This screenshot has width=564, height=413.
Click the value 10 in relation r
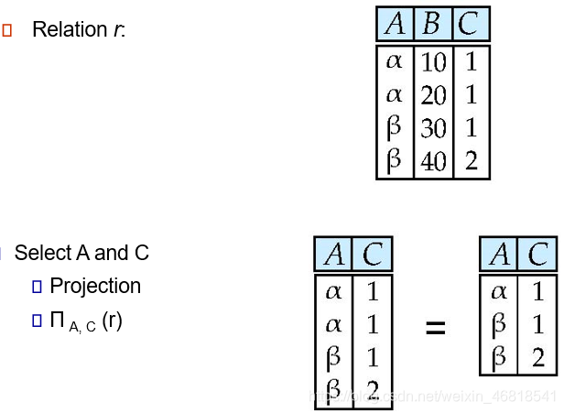click(434, 62)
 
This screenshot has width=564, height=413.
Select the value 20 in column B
click(434, 95)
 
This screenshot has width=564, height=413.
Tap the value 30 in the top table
click(434, 128)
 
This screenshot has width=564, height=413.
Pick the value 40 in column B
click(434, 161)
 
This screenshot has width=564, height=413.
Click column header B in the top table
click(431, 24)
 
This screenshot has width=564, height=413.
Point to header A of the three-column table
click(395, 24)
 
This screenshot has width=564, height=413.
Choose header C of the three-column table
click(469, 24)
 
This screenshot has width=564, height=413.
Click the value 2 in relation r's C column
click(471, 161)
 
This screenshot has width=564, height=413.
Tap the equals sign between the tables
click(436, 327)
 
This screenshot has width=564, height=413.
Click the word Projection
click(95, 286)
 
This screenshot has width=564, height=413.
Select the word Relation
click(70, 29)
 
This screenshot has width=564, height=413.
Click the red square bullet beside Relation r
click(7, 30)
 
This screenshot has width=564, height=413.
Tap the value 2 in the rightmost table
click(537, 357)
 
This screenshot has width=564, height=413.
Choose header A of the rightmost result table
click(499, 254)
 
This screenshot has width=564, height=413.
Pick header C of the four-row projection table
click(372, 254)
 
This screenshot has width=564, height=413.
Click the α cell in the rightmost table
click(499, 292)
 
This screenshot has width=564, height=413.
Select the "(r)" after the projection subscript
click(112, 321)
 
